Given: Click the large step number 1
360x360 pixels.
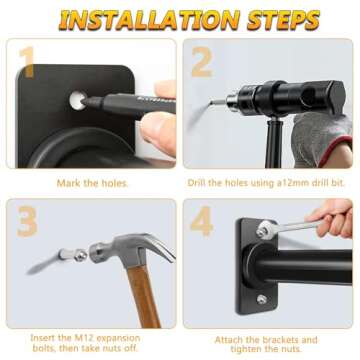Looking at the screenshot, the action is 27,62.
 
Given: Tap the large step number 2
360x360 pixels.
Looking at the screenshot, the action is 202,62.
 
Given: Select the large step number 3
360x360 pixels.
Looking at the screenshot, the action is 27,221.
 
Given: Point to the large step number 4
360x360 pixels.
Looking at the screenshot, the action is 202,221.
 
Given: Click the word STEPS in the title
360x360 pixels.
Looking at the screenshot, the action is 284,20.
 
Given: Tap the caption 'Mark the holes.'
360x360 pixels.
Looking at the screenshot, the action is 92,183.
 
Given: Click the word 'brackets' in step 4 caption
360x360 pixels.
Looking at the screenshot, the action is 280,340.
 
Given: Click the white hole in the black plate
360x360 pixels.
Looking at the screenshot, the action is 77,100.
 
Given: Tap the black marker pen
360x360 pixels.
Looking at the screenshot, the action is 128,103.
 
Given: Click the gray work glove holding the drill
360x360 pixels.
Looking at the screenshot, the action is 321,139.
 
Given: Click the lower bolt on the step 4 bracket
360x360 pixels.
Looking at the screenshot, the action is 262,299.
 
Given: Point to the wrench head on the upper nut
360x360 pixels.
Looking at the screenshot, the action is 265,230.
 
